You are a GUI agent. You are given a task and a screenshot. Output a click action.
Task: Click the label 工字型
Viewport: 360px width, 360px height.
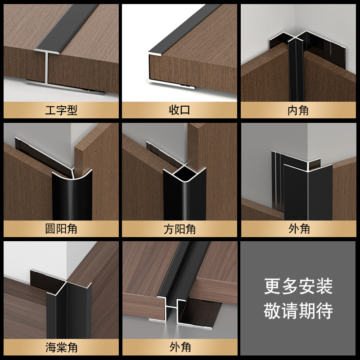[x=61, y=110]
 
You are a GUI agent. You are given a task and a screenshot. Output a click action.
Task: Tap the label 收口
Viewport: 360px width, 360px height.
[x=180, y=110]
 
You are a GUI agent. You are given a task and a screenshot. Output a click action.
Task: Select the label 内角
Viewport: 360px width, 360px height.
[x=298, y=110]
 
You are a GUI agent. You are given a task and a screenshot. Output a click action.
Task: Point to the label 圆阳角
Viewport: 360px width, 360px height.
[x=61, y=229]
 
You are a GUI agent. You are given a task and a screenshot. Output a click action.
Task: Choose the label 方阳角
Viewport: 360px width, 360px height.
[x=180, y=229]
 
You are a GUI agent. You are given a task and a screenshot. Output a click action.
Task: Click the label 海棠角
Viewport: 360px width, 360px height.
[x=61, y=347]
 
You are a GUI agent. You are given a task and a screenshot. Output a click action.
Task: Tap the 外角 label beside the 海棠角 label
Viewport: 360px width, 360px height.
[x=180, y=347]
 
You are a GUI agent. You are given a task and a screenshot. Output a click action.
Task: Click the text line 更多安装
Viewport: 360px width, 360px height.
[x=298, y=286]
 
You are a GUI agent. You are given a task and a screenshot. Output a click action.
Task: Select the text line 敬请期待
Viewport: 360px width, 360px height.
[x=298, y=310]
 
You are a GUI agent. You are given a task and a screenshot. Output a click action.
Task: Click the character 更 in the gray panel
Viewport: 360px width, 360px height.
[x=272, y=286]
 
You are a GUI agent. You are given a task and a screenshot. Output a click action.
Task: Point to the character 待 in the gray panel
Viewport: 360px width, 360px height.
[x=324, y=310]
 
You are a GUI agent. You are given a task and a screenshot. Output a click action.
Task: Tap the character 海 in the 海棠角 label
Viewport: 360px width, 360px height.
[x=50, y=347]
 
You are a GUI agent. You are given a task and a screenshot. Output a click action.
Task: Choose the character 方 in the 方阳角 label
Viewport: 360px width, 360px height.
[x=169, y=229]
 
